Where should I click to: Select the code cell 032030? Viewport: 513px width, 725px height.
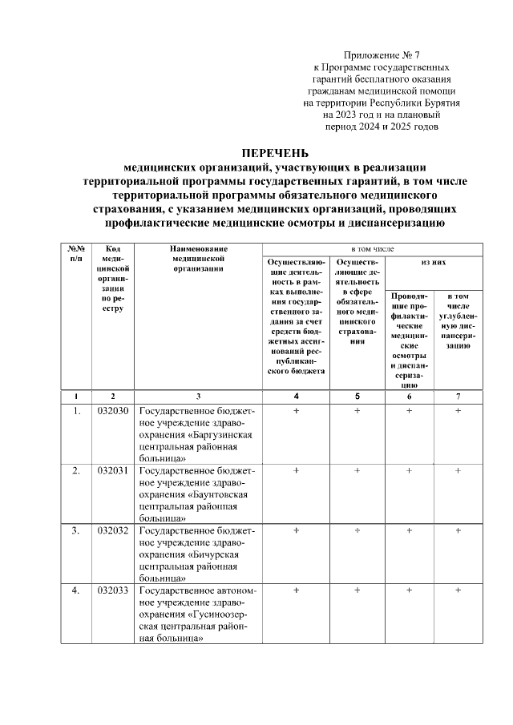tap(113, 411)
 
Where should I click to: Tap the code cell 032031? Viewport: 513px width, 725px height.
tap(113, 470)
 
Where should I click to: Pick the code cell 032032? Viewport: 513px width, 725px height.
tap(113, 530)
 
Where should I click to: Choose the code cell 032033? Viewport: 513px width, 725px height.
tap(113, 590)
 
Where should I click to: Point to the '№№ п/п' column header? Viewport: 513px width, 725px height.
tap(76, 255)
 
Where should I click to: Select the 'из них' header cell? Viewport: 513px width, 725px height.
tap(434, 262)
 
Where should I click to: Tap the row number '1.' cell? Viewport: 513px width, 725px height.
tap(76, 411)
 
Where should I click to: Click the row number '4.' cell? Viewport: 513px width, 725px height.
tap(76, 590)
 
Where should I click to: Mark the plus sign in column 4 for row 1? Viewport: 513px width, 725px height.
tap(297, 411)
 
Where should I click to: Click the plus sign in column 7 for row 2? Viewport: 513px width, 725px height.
tap(458, 470)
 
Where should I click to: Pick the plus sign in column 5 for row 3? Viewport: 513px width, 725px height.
tap(357, 530)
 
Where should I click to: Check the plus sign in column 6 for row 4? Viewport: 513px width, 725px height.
tap(409, 590)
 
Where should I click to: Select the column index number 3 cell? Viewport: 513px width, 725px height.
tap(199, 396)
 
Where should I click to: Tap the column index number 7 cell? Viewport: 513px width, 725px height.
tap(458, 396)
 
